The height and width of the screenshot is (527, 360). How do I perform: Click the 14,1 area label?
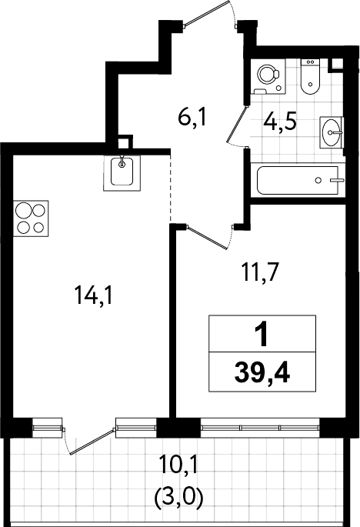94,295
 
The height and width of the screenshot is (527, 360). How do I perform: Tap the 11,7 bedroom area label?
261,272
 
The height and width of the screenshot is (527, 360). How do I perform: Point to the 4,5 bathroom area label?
280,122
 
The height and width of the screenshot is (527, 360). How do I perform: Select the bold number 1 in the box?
262,333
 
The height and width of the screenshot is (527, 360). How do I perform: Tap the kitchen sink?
122,173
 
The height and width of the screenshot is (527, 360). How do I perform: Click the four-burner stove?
31,218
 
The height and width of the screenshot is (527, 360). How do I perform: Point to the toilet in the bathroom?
309,77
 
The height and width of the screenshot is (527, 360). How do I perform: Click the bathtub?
298,180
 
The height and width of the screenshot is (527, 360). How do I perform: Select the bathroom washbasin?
332,133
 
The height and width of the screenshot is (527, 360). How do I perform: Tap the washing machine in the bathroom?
268,77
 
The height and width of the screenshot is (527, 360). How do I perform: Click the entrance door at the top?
209,13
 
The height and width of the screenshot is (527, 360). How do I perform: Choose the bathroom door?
238,125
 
